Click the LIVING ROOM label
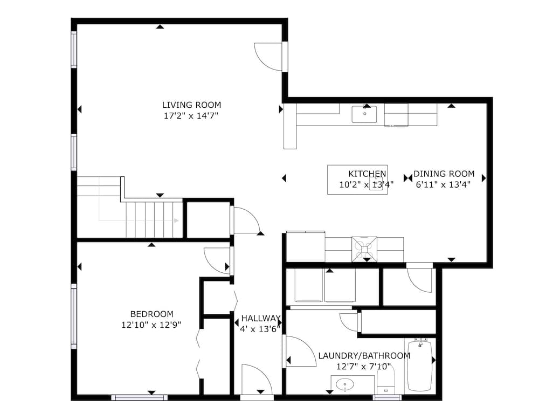pos(191,105)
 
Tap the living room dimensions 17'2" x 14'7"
pos(191,115)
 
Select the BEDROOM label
pos(151,314)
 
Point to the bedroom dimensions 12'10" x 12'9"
pos(151,325)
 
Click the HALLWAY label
pos(261,318)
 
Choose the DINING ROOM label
pos(444,174)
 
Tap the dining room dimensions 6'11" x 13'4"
pos(443,184)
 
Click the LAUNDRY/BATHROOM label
pos(364,355)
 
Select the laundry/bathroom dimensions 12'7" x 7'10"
pos(364,367)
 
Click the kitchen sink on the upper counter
pos(364,114)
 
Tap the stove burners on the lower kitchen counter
pos(364,249)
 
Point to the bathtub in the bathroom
pos(419,366)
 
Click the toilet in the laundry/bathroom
pos(386,380)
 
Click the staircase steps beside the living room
pos(154,219)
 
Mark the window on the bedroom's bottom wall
pos(140,397)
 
